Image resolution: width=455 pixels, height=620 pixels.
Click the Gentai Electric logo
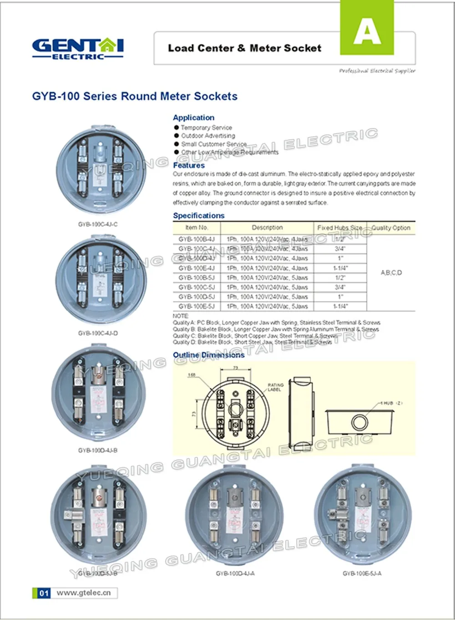pos(77,49)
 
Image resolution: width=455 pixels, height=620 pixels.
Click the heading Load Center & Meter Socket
pos(244,48)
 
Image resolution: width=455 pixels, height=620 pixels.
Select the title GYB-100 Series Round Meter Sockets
pos(135,97)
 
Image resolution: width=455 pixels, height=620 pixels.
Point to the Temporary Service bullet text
pos(206,128)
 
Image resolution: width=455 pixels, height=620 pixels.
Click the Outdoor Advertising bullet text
pos(208,136)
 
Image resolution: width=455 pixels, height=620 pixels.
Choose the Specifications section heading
pos(198,215)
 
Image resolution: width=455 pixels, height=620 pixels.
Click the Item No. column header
pos(197,228)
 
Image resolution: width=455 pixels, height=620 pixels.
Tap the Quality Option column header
pos(390,228)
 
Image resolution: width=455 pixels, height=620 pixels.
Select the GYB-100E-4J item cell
pos(197,268)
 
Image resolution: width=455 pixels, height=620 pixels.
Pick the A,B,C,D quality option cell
pos(391,273)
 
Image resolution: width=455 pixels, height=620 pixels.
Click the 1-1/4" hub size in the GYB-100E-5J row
pos(339,307)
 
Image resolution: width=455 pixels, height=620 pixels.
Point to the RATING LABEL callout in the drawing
pos(275,387)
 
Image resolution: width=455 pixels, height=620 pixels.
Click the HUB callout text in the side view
pos(391,403)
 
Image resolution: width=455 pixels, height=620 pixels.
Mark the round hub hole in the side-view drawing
pos(359,422)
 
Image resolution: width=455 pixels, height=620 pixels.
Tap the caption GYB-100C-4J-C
pos(98,225)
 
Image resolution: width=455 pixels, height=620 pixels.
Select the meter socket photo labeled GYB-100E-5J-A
pos(362,514)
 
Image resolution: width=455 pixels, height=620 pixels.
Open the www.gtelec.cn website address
pos(83,593)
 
